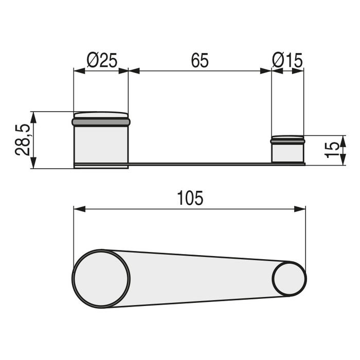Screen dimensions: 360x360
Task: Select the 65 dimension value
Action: pyautogui.click(x=200, y=61)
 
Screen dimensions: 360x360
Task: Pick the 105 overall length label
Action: pyautogui.click(x=190, y=198)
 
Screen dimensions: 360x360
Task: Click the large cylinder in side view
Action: pyautogui.click(x=101, y=145)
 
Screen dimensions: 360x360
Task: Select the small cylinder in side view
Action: pyautogui.click(x=287, y=152)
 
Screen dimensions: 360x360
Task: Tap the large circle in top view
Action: pyautogui.click(x=101, y=278)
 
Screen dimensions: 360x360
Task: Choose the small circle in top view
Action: pyautogui.click(x=289, y=278)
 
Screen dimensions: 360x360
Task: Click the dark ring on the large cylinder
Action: pyautogui.click(x=101, y=122)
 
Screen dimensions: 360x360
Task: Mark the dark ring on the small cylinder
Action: pyautogui.click(x=287, y=140)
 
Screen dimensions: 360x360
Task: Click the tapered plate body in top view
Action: pyautogui.click(x=201, y=278)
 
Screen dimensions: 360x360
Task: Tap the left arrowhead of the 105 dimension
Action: pyautogui.click(x=79, y=209)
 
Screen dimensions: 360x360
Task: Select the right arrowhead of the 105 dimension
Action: pyautogui.click(x=300, y=209)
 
